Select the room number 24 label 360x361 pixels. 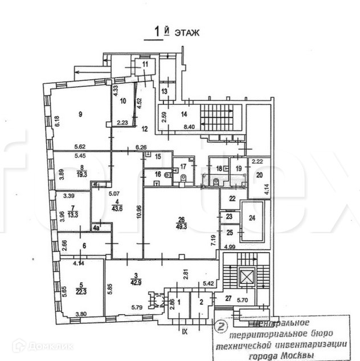[x=252, y=217]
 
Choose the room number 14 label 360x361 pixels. [x=183, y=114]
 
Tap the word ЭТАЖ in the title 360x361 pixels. [x=187, y=34]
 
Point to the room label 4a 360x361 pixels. [x=96, y=228]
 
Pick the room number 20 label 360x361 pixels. [x=259, y=175]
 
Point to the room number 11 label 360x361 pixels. [x=145, y=64]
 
